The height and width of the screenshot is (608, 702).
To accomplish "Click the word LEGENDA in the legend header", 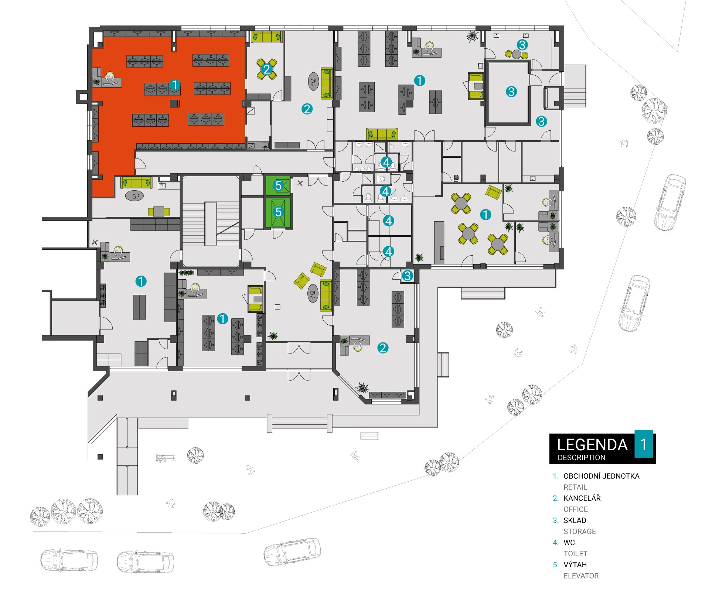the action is click(x=592, y=445).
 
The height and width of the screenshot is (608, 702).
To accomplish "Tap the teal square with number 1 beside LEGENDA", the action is click(x=644, y=444).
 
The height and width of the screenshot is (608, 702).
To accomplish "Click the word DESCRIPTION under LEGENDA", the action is click(x=582, y=458).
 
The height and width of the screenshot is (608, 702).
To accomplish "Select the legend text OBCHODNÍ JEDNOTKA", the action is click(x=602, y=476).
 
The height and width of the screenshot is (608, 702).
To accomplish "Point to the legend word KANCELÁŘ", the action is click(x=582, y=498).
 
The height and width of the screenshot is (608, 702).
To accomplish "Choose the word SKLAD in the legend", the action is click(x=575, y=520).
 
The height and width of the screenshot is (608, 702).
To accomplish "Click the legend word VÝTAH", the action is click(x=575, y=565).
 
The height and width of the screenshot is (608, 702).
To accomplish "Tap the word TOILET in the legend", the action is click(x=576, y=554).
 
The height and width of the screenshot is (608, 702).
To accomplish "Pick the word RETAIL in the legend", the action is click(x=575, y=487).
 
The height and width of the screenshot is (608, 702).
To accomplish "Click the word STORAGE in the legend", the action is click(x=580, y=532).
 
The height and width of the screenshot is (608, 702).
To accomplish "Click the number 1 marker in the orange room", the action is click(x=175, y=85).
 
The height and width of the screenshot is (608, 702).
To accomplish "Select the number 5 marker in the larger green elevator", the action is click(x=278, y=212).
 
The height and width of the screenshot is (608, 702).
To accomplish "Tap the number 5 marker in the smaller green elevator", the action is click(x=279, y=185).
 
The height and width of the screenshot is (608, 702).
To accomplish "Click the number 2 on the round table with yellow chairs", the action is click(x=267, y=69).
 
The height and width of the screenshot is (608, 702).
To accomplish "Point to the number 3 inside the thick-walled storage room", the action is click(x=511, y=91).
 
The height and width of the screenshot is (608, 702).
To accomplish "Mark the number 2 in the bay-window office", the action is click(x=383, y=348).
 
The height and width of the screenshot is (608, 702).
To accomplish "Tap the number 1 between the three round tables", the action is click(x=485, y=215).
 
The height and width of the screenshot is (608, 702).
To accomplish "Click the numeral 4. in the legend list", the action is click(x=556, y=543).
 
